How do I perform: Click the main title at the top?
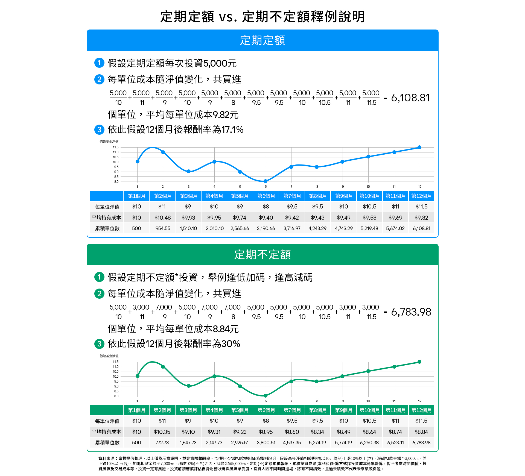tap(262, 16)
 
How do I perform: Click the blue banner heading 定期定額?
tap(262, 40)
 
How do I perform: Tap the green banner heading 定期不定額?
tap(262, 255)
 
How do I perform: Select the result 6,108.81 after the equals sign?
tap(410, 98)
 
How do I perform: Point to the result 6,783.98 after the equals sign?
tap(411, 312)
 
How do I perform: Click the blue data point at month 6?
tap(266, 181)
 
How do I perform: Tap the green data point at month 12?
tap(419, 362)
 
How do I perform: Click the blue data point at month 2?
tap(163, 152)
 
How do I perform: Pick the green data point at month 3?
tap(189, 386)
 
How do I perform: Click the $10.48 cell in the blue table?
tap(162, 218)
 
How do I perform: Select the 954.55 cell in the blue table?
tap(163, 228)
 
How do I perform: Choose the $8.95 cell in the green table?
tap(266, 432)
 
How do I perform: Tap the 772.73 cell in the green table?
tap(162, 443)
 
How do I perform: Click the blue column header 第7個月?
tap(292, 196)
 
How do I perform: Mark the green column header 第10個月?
tap(369, 410)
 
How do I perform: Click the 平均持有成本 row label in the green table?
tap(106, 432)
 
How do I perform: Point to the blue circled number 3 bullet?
tap(99, 130)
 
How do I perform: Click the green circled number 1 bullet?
tap(99, 277)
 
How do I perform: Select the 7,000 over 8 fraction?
tap(233, 312)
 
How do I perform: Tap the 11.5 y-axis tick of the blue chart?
tap(116, 147)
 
